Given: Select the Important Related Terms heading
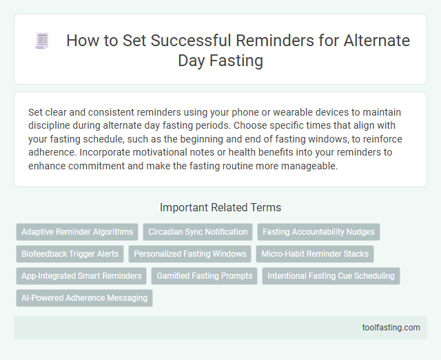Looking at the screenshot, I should click(x=220, y=207).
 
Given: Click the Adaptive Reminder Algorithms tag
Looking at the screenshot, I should click(x=77, y=232).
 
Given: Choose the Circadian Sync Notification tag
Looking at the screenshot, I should click(x=197, y=232).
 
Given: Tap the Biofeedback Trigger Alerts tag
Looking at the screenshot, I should click(x=70, y=254).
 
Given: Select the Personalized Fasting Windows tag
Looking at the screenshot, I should click(x=189, y=254).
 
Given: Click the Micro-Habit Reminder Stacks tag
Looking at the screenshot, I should click(x=314, y=254).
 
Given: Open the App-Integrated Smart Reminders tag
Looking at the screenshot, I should click(x=81, y=276).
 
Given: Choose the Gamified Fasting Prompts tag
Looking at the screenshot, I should click(x=204, y=276).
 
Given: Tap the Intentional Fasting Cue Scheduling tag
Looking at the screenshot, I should click(x=331, y=276).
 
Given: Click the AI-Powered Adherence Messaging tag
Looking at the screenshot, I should click(x=84, y=298).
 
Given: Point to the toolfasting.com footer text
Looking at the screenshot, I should click(x=391, y=327).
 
